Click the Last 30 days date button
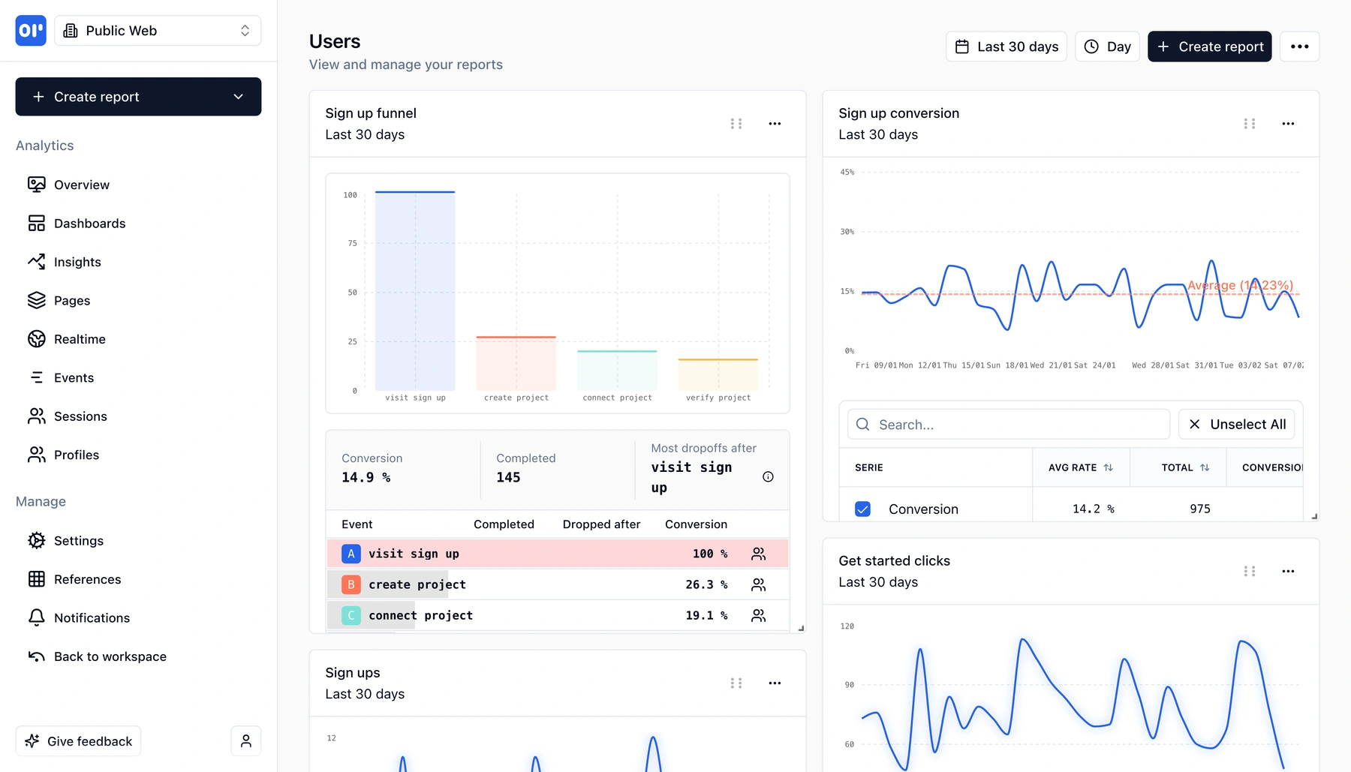pos(1006,47)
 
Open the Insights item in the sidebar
pos(77,262)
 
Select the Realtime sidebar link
pos(79,339)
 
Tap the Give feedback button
pos(78,741)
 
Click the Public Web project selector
pos(158,31)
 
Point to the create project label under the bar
pos(516,398)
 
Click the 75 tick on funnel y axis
pos(352,243)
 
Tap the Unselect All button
pos(1236,425)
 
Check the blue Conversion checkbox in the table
pos(863,509)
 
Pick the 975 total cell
pos(1199,509)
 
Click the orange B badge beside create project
pos(351,584)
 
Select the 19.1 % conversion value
pos(706,615)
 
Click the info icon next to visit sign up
pos(768,477)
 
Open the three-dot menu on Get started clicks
pos(1288,572)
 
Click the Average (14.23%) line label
pos(1240,285)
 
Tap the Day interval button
pos(1107,47)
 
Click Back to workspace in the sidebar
pos(110,656)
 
